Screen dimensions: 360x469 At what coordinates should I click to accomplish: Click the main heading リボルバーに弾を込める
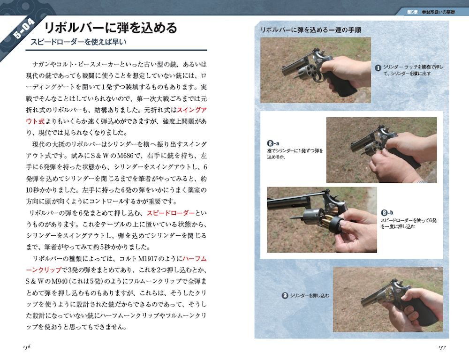[x=110, y=28]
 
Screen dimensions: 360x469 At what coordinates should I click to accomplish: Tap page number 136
[x=26, y=346]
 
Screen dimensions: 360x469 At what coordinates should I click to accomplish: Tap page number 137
[x=441, y=346]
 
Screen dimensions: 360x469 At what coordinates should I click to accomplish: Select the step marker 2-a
[x=273, y=143]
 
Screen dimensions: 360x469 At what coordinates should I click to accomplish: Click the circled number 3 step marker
[x=285, y=296]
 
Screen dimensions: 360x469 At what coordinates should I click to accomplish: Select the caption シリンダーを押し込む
[x=310, y=296]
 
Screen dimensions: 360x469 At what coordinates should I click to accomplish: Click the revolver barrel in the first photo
[x=291, y=68]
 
